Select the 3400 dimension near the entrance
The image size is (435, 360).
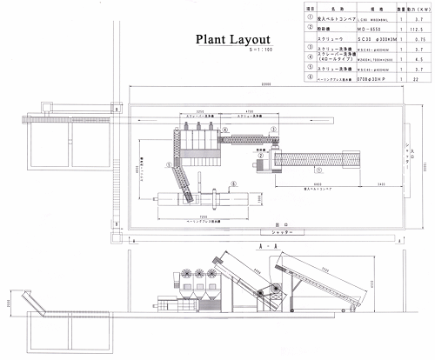tap(371, 185)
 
